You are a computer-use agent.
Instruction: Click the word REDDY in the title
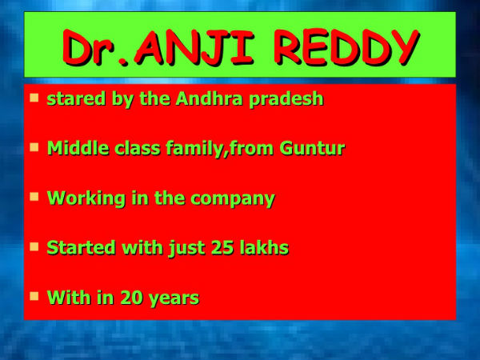[x=345, y=47]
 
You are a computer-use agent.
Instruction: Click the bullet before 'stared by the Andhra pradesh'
[x=34, y=98]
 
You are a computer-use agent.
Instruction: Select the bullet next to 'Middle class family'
[x=34, y=147]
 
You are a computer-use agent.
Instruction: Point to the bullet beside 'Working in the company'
[x=34, y=197]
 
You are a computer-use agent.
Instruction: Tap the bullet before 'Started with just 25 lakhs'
[x=34, y=246]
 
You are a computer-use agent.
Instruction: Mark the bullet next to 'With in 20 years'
[x=34, y=296]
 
